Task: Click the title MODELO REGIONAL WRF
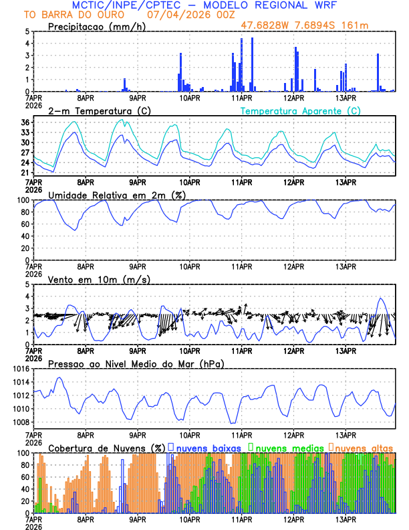[x=267, y=5]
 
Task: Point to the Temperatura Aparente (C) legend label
[x=300, y=110]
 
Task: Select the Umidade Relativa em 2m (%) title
[x=116, y=195]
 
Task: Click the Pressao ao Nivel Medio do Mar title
[x=136, y=363]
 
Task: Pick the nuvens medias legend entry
[x=286, y=447]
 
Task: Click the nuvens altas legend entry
[x=363, y=447]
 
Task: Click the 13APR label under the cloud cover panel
[x=346, y=519]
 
